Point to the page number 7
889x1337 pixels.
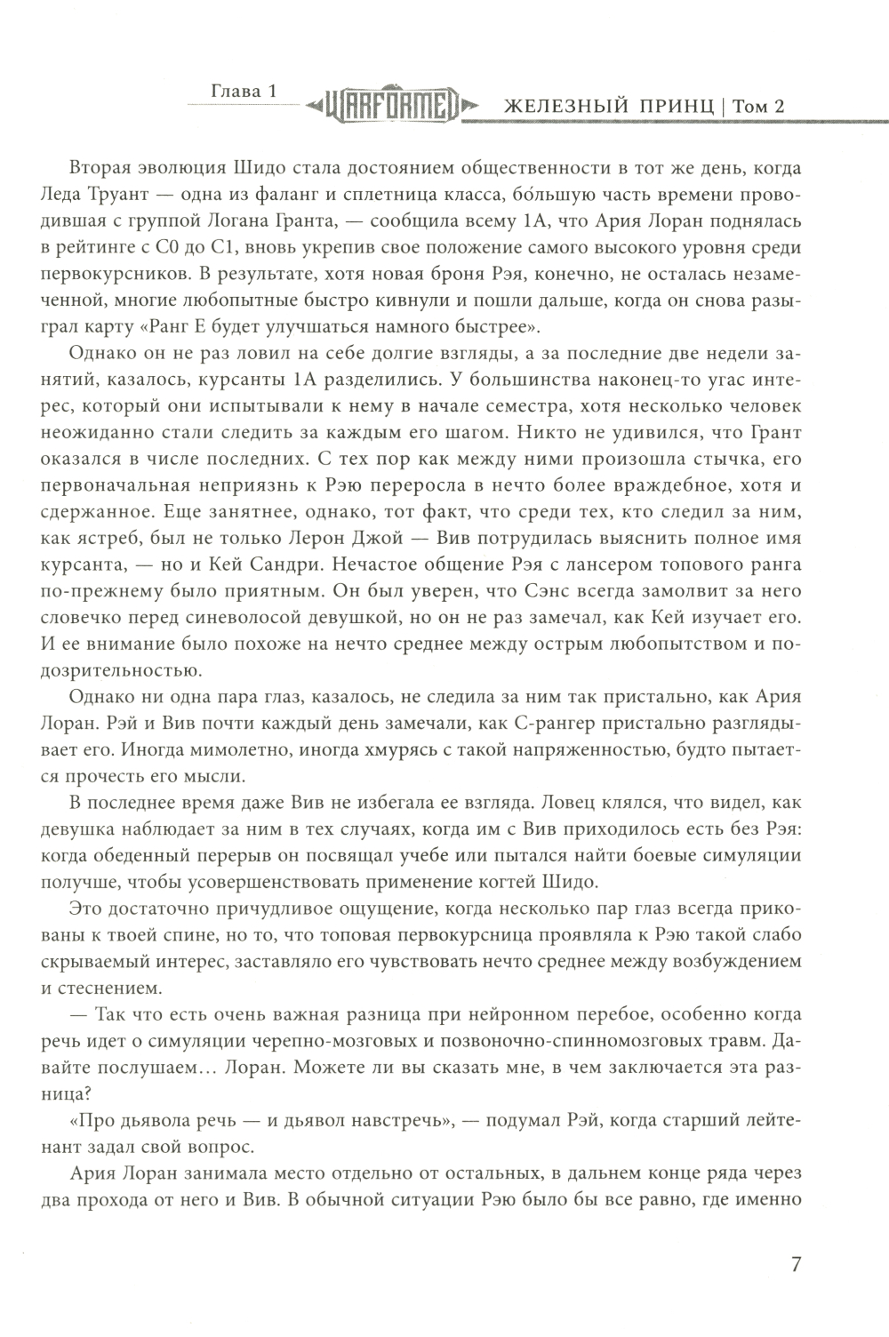point(796,1264)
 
